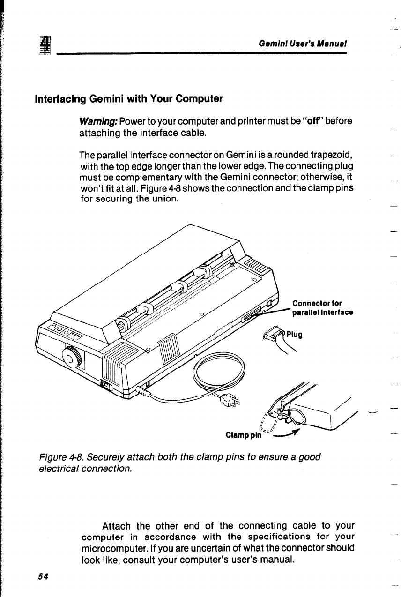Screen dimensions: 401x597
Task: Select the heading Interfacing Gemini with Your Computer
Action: coord(128,99)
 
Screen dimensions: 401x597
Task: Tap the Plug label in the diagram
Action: coord(294,335)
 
